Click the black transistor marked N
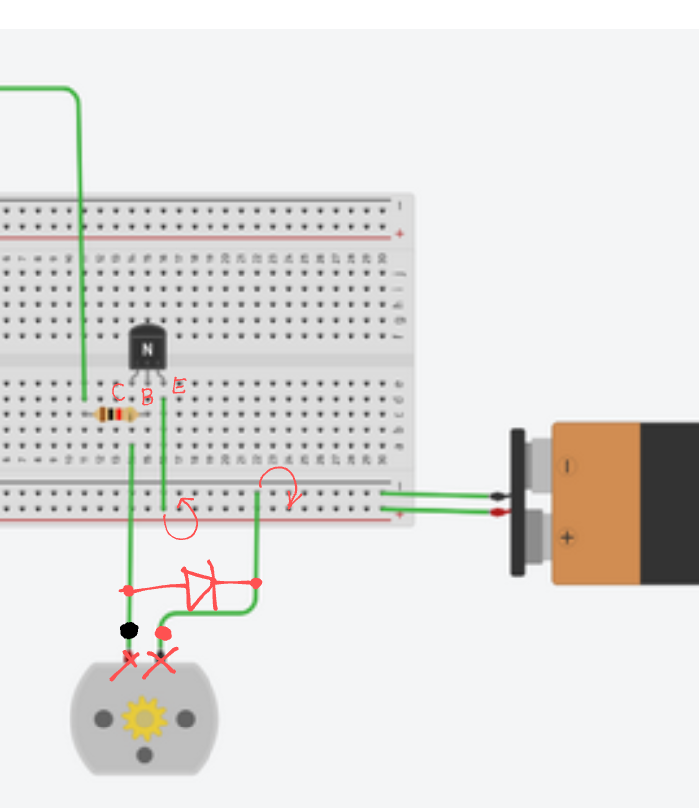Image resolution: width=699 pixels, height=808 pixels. click(x=147, y=348)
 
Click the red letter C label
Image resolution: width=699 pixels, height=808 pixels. click(x=118, y=391)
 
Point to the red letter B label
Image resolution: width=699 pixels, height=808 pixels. click(x=147, y=398)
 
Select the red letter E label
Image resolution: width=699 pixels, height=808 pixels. click(x=179, y=386)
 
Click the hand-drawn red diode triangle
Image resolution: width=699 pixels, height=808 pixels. click(x=202, y=586)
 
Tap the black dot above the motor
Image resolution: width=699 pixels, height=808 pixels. click(x=129, y=630)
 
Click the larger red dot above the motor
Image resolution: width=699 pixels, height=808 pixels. click(x=163, y=633)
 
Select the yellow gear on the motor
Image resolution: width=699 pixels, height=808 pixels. click(x=145, y=718)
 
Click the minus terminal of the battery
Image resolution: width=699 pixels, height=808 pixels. click(x=567, y=465)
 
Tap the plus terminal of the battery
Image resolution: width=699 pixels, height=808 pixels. click(x=567, y=538)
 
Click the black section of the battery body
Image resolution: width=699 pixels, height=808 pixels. click(x=669, y=504)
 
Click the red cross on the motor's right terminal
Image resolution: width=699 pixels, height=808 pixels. click(x=160, y=661)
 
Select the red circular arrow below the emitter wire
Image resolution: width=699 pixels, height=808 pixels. click(x=181, y=519)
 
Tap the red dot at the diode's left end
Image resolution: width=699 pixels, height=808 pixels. click(x=128, y=591)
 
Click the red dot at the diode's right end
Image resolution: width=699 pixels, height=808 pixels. click(x=256, y=583)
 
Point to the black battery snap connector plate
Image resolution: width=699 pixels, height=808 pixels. click(x=517, y=502)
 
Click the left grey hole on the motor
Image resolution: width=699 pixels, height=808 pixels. click(x=103, y=718)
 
